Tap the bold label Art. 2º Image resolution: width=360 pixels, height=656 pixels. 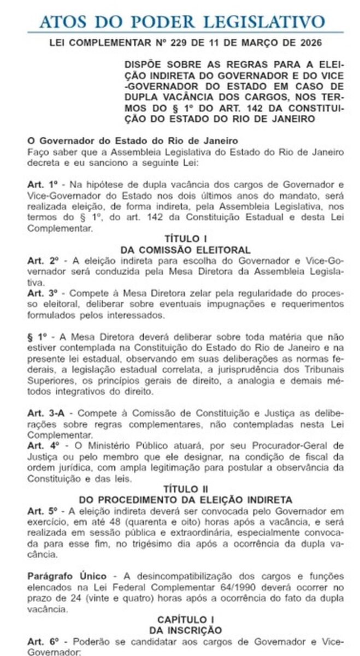pyautogui.click(x=42, y=260)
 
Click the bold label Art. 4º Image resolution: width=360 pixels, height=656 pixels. pyautogui.click(x=42, y=445)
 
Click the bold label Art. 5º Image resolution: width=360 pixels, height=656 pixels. pyautogui.click(x=42, y=510)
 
